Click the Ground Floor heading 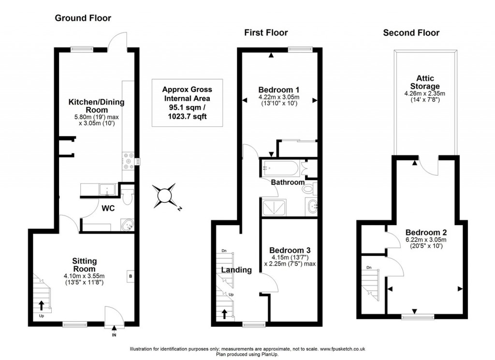click(x=83, y=18)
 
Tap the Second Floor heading click(x=411, y=33)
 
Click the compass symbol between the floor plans click(x=165, y=195)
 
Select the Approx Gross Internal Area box click(x=187, y=103)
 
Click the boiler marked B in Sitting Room click(x=130, y=276)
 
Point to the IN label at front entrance click(x=114, y=334)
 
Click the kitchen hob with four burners click(x=129, y=161)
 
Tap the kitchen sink click(x=105, y=190)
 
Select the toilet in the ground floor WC click(x=127, y=197)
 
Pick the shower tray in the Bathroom click(x=275, y=208)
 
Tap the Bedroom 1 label click(x=279, y=90)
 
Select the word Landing click(x=236, y=270)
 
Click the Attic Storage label click(x=425, y=82)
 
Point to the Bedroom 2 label click(x=425, y=231)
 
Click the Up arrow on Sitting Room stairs click(x=41, y=305)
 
